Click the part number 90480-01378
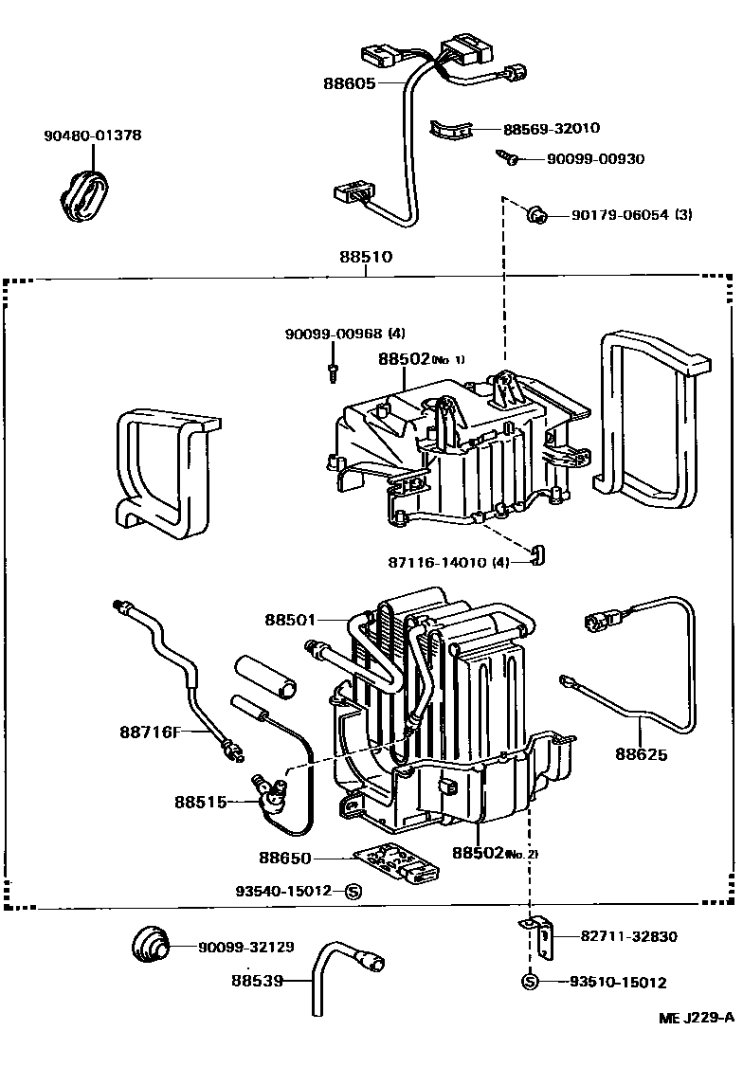(x=92, y=136)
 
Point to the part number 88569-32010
(x=551, y=129)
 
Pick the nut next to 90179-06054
(x=536, y=215)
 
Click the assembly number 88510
(x=366, y=256)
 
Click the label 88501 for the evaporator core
(x=289, y=620)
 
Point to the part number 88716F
(x=151, y=731)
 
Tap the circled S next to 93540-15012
(x=353, y=891)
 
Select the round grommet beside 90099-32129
(x=150, y=945)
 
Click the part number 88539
(x=256, y=981)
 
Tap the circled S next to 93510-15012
(x=530, y=982)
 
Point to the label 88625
(x=641, y=755)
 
